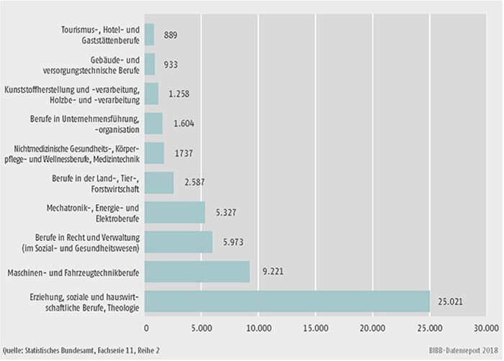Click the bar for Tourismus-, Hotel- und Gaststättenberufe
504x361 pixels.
[x=150, y=35]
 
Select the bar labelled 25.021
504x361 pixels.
[x=287, y=301]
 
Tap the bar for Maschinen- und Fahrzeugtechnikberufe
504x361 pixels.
[x=197, y=272]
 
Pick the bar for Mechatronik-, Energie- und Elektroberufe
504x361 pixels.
[x=175, y=212]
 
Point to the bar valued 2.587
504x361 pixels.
[x=159, y=183]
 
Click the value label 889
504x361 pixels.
[x=174, y=35]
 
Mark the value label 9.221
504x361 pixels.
[x=271, y=272]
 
